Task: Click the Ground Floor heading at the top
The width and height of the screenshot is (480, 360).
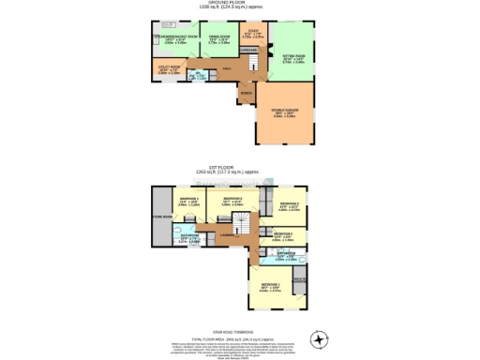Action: pyautogui.click(x=239, y=3)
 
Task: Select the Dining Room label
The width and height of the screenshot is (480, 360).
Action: pyautogui.click(x=218, y=37)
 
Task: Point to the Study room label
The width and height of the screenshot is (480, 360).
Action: pyautogui.click(x=253, y=34)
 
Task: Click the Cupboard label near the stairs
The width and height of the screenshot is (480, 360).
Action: pyautogui.click(x=248, y=50)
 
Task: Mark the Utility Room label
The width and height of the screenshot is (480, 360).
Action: pyautogui.click(x=169, y=69)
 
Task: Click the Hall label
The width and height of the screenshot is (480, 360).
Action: pyautogui.click(x=227, y=68)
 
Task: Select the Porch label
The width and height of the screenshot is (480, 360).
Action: pyautogui.click(x=247, y=94)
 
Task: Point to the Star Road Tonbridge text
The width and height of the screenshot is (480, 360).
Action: pyautogui.click(x=239, y=330)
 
